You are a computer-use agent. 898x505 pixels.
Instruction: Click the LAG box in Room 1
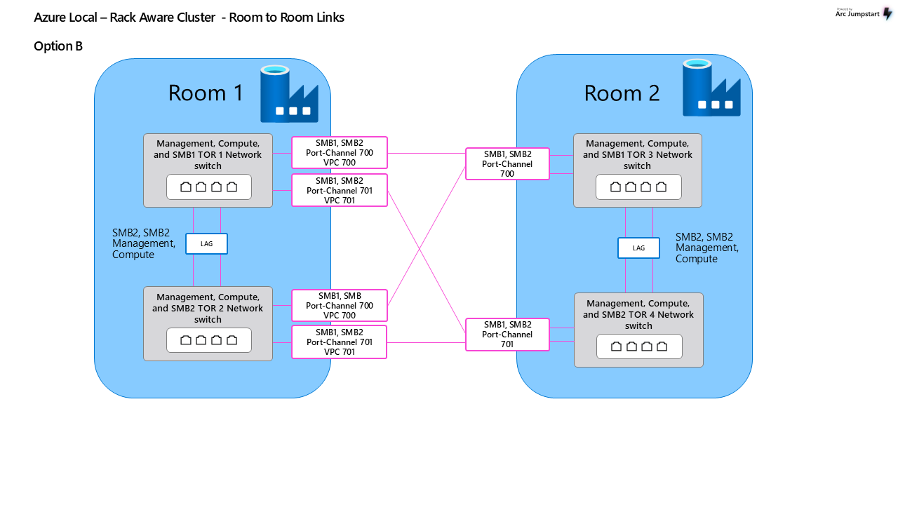(x=206, y=243)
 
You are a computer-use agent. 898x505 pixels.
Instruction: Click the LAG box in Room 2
(x=638, y=248)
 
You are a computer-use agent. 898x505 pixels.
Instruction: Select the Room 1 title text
(x=206, y=93)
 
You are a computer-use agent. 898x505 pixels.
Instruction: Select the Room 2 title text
(x=622, y=93)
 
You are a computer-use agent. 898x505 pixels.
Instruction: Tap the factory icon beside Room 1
(x=289, y=94)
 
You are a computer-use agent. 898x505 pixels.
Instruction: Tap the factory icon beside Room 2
(x=711, y=88)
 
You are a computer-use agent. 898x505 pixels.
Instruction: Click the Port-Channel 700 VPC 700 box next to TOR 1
(x=340, y=152)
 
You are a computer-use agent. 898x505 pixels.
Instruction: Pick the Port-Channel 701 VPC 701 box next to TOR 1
(x=340, y=190)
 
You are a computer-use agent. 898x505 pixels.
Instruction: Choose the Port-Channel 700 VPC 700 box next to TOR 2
(x=340, y=305)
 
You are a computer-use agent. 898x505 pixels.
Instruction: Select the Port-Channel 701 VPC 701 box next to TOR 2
(x=339, y=342)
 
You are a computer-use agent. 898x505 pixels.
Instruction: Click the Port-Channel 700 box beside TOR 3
(x=507, y=163)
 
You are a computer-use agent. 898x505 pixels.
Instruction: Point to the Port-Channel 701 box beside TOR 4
(x=507, y=335)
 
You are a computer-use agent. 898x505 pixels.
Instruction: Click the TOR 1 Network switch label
(x=208, y=155)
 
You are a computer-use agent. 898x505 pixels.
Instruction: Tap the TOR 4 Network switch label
(x=638, y=315)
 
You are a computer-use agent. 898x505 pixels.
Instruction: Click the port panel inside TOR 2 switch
(x=209, y=340)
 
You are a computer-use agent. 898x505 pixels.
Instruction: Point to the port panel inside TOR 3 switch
(x=638, y=187)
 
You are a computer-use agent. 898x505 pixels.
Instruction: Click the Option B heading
(x=58, y=46)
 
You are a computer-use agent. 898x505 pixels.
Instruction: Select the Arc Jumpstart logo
(x=864, y=13)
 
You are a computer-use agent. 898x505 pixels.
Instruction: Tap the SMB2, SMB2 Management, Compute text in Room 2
(x=706, y=248)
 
